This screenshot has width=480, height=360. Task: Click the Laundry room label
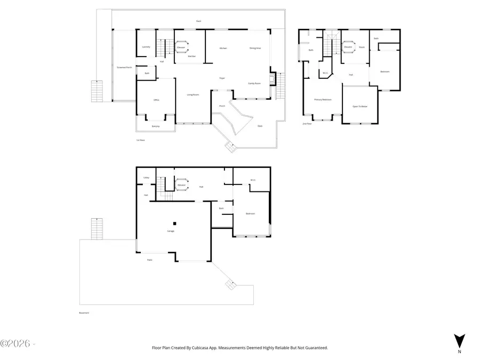click(x=146, y=47)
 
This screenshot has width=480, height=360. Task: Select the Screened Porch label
click(x=124, y=67)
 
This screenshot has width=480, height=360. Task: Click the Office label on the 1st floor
click(x=156, y=100)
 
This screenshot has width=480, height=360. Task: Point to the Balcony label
click(x=156, y=126)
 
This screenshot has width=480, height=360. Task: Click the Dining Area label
click(x=255, y=48)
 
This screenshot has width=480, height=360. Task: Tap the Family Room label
click(x=254, y=83)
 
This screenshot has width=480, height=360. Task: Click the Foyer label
click(x=221, y=78)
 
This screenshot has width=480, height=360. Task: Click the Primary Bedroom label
click(x=323, y=99)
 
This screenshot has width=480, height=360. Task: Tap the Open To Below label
click(x=360, y=106)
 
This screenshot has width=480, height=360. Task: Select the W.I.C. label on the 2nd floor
click(x=325, y=73)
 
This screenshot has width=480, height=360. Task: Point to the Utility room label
click(x=146, y=178)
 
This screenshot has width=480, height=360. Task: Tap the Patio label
click(x=150, y=260)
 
